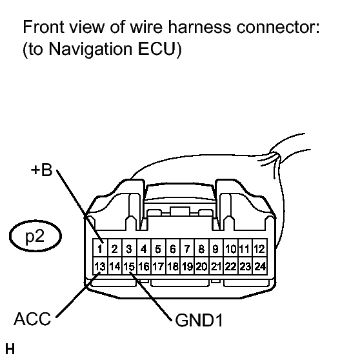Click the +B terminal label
(x=41, y=170)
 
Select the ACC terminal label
(x=32, y=319)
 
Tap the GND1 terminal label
(x=199, y=320)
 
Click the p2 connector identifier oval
(x=35, y=236)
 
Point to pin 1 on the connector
(x=100, y=248)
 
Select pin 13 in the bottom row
(x=100, y=266)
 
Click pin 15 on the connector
(x=129, y=266)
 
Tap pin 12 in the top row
(x=259, y=248)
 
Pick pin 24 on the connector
(x=259, y=266)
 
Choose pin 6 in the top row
(x=173, y=248)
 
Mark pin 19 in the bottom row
(x=187, y=266)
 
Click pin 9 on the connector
(x=216, y=248)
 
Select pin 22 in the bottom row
(x=231, y=266)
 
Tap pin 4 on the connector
(x=144, y=248)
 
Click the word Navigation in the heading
(x=91, y=50)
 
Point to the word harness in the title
(x=199, y=27)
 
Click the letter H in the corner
(x=10, y=349)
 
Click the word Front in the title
(x=43, y=27)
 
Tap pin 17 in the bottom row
(x=158, y=266)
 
